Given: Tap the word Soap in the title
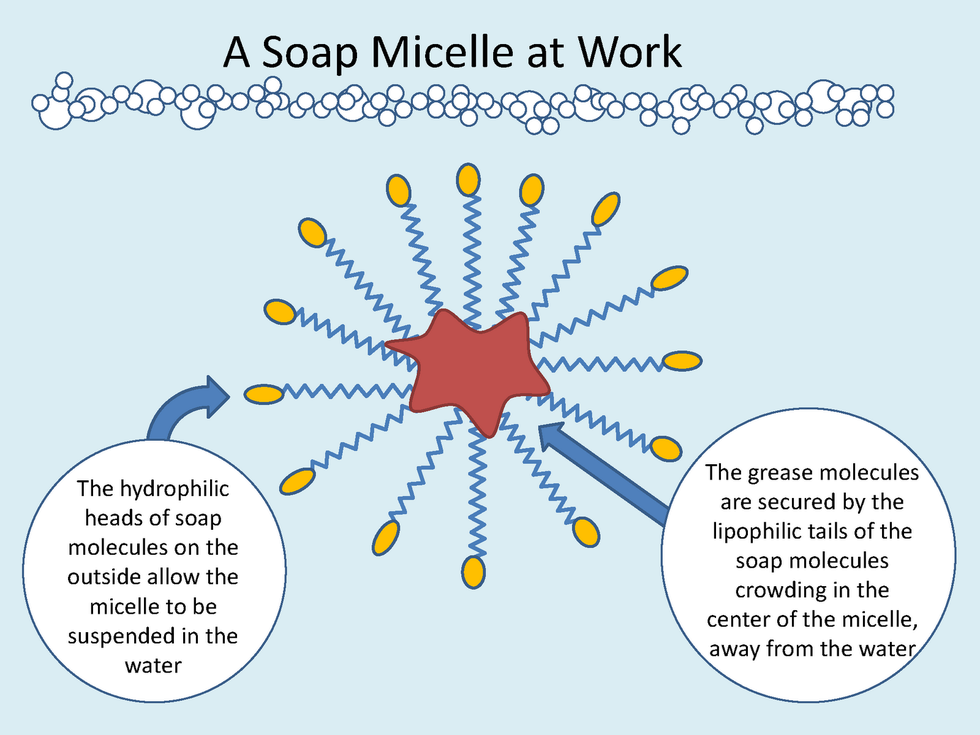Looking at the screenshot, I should [313, 52].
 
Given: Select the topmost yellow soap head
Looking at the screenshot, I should [467, 180].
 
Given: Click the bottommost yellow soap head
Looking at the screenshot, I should [472, 572].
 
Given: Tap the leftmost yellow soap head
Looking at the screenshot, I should [264, 394].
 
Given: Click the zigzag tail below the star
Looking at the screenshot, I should [475, 495].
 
